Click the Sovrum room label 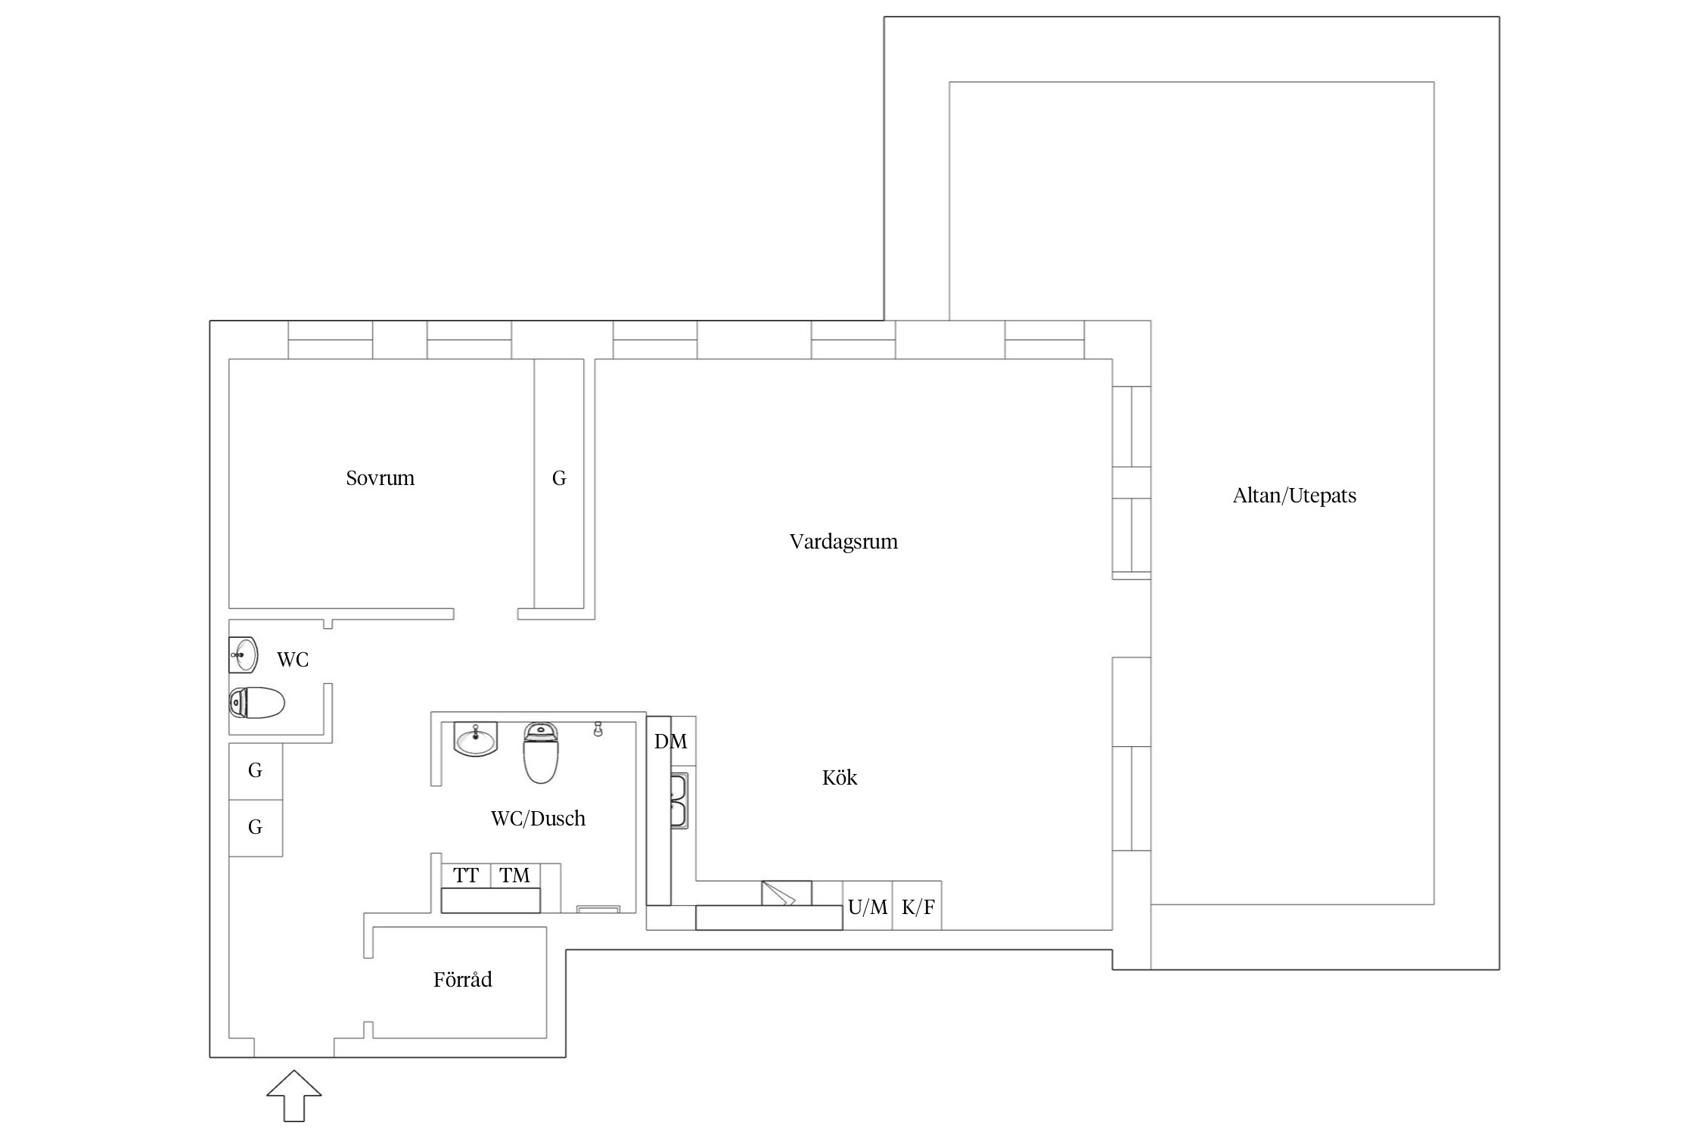pyautogui.click(x=380, y=478)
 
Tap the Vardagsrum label pyautogui.click(x=843, y=542)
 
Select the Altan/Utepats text pyautogui.click(x=1294, y=496)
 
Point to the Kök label pyautogui.click(x=840, y=778)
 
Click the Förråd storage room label pyautogui.click(x=462, y=979)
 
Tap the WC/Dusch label pyautogui.click(x=538, y=819)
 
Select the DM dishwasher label pyautogui.click(x=670, y=742)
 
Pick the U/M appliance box pyautogui.click(x=868, y=905)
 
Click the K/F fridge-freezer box pyautogui.click(x=918, y=905)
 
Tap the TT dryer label pyautogui.click(x=466, y=875)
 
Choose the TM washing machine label pyautogui.click(x=514, y=875)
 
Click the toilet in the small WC pyautogui.click(x=256, y=703)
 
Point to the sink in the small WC pyautogui.click(x=243, y=655)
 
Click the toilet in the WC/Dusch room pyautogui.click(x=540, y=752)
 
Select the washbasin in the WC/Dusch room pyautogui.click(x=475, y=739)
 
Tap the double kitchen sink pyautogui.click(x=679, y=801)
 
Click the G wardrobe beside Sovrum pyautogui.click(x=559, y=484)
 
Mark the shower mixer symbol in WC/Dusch pyautogui.click(x=598, y=729)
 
